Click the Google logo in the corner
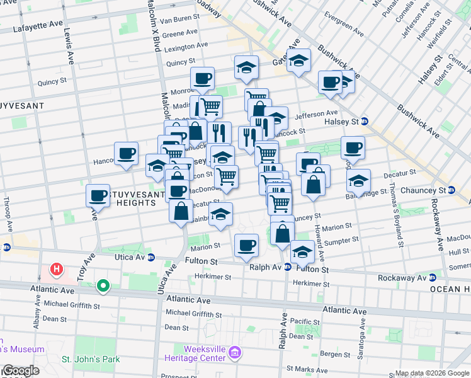click(20, 371)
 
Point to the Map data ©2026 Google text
click(433, 373)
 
